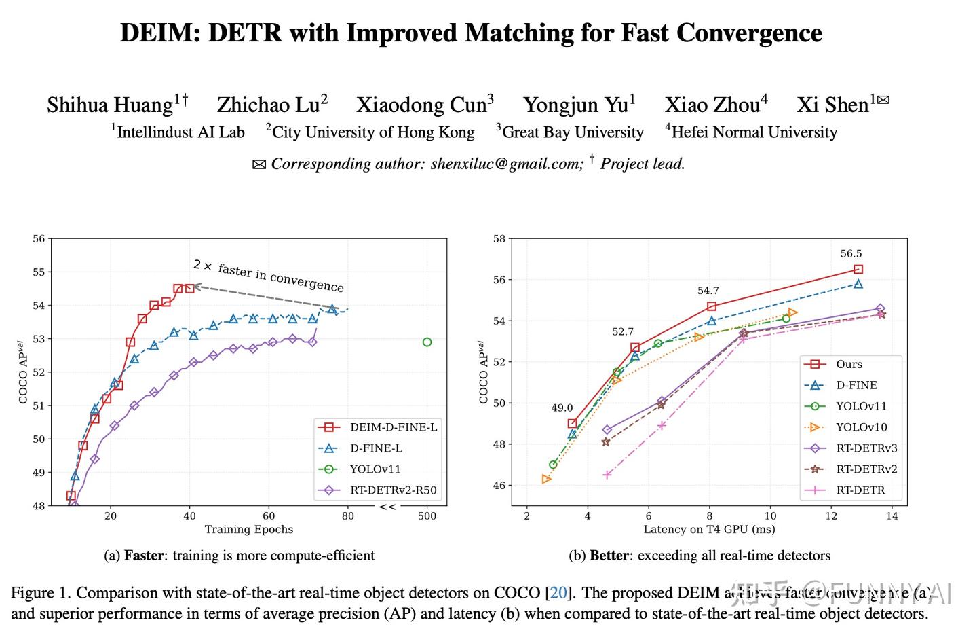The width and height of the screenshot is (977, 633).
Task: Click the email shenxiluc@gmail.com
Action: pyautogui.click(x=506, y=164)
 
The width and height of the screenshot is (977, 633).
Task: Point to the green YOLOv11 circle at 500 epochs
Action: pyautogui.click(x=427, y=342)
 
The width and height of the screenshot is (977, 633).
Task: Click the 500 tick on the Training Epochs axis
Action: pyautogui.click(x=427, y=516)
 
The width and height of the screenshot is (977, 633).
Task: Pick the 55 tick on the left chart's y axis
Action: pyautogui.click(x=39, y=272)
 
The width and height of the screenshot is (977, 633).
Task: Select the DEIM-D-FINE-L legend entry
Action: pyautogui.click(x=394, y=427)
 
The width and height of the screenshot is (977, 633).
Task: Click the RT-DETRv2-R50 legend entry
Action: pyautogui.click(x=394, y=490)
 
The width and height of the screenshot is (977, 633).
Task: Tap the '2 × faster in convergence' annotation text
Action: pyautogui.click(x=268, y=276)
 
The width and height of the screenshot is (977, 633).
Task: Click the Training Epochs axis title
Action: pyautogui.click(x=249, y=530)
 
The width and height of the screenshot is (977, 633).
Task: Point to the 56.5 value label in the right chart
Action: pyautogui.click(x=851, y=254)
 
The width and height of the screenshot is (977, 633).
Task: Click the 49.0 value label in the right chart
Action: pyautogui.click(x=562, y=408)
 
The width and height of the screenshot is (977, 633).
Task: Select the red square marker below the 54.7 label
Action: pyautogui.click(x=711, y=306)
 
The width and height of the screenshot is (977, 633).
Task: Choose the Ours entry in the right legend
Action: pyautogui.click(x=849, y=364)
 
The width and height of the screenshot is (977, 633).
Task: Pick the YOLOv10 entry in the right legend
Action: pyautogui.click(x=861, y=427)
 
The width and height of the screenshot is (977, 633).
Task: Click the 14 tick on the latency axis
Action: pyautogui.click(x=892, y=516)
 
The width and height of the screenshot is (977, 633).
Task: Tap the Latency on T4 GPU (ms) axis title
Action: pyautogui.click(x=709, y=530)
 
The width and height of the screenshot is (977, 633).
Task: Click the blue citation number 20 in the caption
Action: pyautogui.click(x=558, y=593)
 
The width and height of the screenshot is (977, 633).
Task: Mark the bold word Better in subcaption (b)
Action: pyautogui.click(x=609, y=556)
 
